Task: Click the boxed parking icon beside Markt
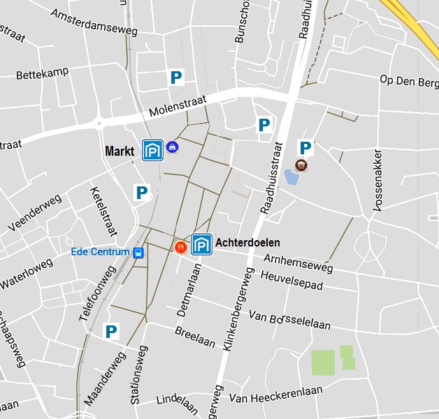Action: coord(152,150)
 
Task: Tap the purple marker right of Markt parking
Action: coord(172,147)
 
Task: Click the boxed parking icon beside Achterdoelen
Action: coord(201,244)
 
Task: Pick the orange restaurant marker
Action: coord(180,247)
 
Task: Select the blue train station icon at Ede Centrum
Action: coord(138,252)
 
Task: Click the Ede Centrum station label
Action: coord(100,252)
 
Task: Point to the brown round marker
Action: coord(301,166)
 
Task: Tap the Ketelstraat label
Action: coord(103,210)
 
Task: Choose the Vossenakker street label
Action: coord(378,180)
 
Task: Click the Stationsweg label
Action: coord(139,374)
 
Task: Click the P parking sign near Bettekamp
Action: coord(176,78)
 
